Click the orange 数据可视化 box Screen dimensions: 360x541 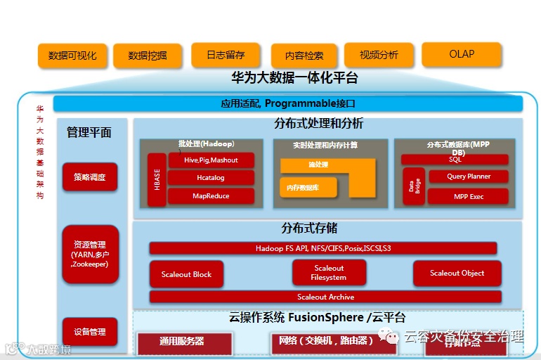[x=72, y=56]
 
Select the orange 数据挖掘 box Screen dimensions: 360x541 [x=148, y=56]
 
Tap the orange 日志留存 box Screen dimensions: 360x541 [x=226, y=55]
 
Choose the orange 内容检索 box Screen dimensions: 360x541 [x=304, y=56]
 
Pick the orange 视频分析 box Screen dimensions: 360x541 [x=379, y=55]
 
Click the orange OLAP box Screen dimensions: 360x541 [x=462, y=54]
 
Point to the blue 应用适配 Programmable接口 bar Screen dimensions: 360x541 [x=288, y=103]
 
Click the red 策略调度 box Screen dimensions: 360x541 [x=89, y=177]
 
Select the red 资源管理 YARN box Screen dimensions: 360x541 [x=89, y=254]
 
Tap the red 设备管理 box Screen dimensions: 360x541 [x=89, y=332]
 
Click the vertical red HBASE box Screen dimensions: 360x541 [x=157, y=179]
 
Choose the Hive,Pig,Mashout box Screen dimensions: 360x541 [x=211, y=160]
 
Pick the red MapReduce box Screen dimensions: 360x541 [x=211, y=196]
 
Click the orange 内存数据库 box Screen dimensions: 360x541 [x=308, y=188]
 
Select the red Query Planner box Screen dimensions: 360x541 [x=469, y=176]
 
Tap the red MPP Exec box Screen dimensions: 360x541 [x=469, y=196]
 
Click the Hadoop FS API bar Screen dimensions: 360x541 [x=323, y=248]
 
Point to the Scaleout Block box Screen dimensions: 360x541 [x=186, y=274]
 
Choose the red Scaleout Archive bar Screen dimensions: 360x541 [x=325, y=297]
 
